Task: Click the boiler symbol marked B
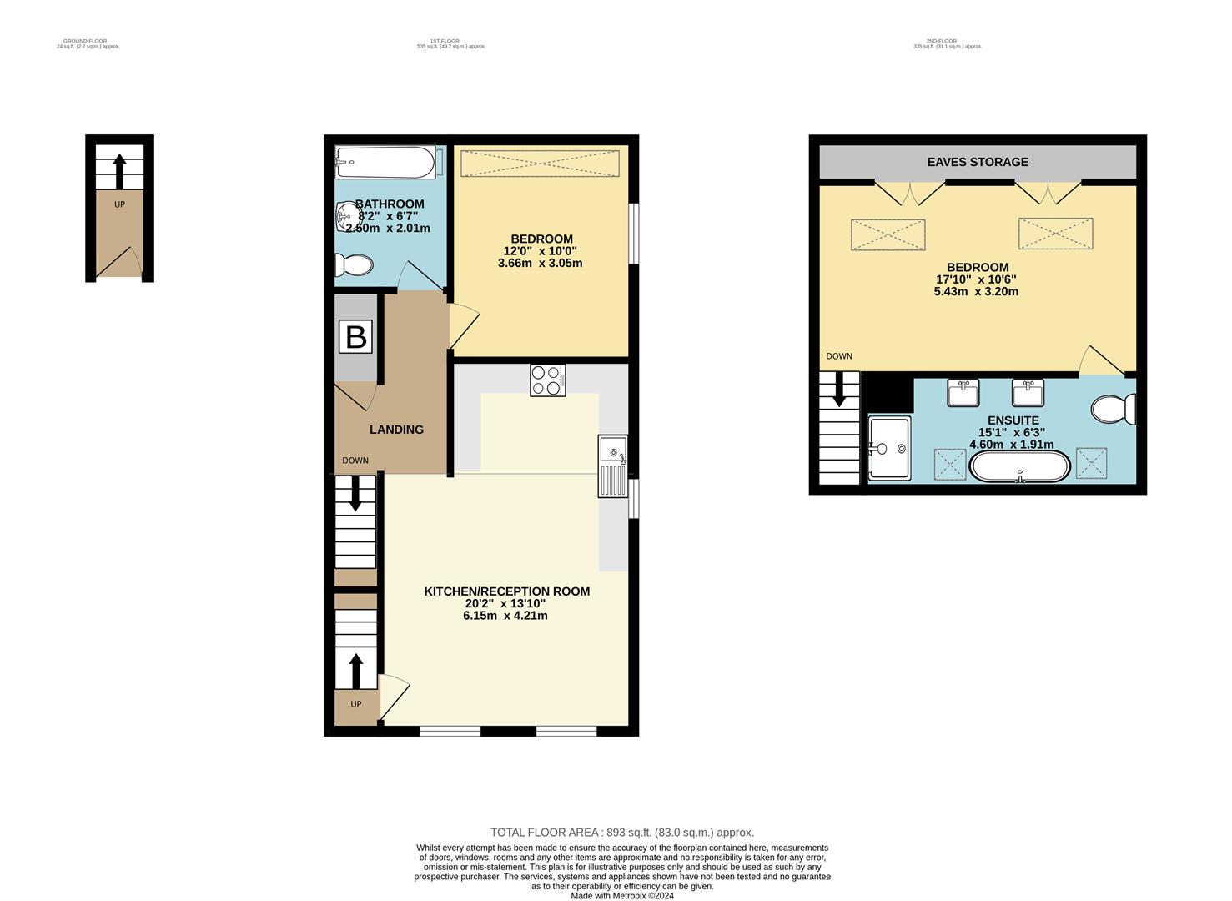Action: click(x=355, y=337)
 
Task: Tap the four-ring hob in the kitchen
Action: click(x=547, y=380)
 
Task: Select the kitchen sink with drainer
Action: click(x=612, y=466)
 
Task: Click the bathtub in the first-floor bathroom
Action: click(x=385, y=162)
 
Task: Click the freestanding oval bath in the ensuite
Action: click(x=1019, y=467)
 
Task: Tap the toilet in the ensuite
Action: click(x=1113, y=409)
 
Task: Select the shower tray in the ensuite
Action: click(x=889, y=448)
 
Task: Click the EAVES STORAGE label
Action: click(x=978, y=162)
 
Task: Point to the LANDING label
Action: click(x=396, y=430)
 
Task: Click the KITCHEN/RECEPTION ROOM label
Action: click(x=506, y=591)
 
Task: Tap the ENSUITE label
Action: click(x=1013, y=420)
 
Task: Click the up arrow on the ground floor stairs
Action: click(x=119, y=170)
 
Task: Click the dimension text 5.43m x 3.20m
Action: click(x=976, y=292)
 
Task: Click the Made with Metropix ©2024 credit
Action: click(x=621, y=896)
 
